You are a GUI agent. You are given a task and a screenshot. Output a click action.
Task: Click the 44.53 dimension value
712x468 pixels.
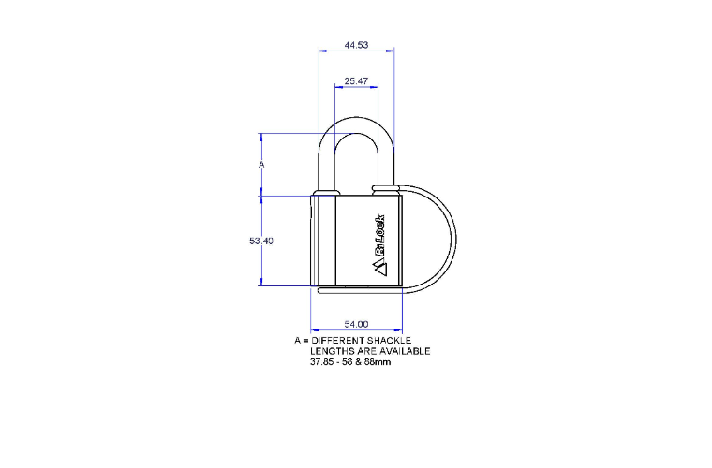pyautogui.click(x=356, y=45)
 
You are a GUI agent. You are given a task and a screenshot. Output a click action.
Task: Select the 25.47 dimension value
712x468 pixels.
pyautogui.click(x=356, y=81)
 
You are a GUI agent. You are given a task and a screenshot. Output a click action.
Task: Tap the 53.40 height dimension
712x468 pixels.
pyautogui.click(x=261, y=241)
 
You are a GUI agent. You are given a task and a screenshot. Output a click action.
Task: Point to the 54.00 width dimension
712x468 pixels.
pyautogui.click(x=356, y=324)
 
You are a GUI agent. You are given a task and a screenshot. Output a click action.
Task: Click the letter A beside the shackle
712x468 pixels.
pyautogui.click(x=262, y=165)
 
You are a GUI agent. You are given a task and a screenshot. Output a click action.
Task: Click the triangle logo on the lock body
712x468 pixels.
pyautogui.click(x=380, y=268)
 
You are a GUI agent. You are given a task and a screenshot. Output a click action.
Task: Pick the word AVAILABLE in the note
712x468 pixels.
pyautogui.click(x=403, y=351)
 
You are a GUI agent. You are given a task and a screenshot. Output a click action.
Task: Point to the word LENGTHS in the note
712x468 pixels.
pyautogui.click(x=333, y=351)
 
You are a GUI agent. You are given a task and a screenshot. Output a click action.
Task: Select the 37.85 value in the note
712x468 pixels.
pyautogui.click(x=323, y=361)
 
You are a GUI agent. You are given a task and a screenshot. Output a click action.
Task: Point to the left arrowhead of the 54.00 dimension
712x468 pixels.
pyautogui.click(x=314, y=330)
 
